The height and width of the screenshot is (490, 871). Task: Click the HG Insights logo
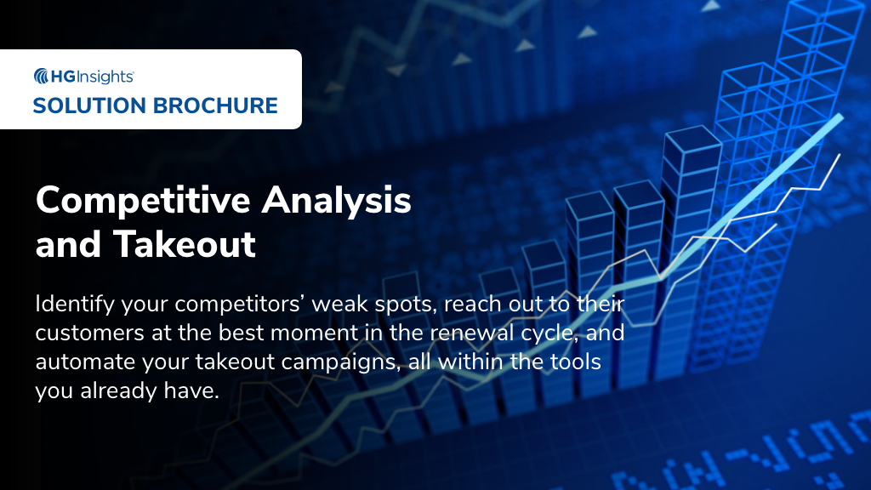[83, 77]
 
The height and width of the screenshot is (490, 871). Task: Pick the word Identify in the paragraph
[71, 303]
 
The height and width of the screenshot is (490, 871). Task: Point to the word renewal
[464, 333]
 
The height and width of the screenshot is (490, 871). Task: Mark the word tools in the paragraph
[576, 362]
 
